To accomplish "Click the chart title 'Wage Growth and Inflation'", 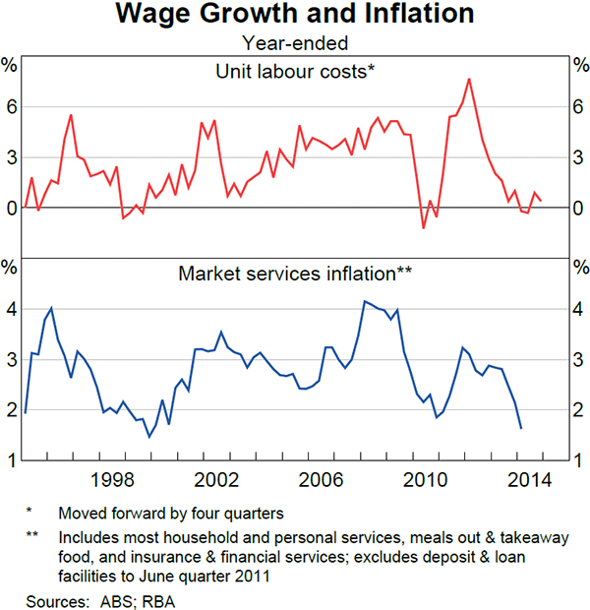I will tap(295, 15).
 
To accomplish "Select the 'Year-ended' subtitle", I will tap(295, 41).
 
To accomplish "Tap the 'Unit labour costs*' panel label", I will tap(295, 70).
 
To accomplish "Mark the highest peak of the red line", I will tap(469, 79).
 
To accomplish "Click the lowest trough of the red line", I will tap(424, 228).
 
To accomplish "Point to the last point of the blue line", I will tap(520, 428).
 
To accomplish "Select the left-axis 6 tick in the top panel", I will tap(10, 106).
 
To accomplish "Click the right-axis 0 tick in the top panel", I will tap(579, 209).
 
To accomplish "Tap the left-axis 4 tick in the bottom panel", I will tap(10, 310).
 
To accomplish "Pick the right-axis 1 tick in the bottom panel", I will tap(579, 460).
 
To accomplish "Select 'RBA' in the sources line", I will tap(154, 599).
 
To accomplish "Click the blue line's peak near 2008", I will tap(365, 301).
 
